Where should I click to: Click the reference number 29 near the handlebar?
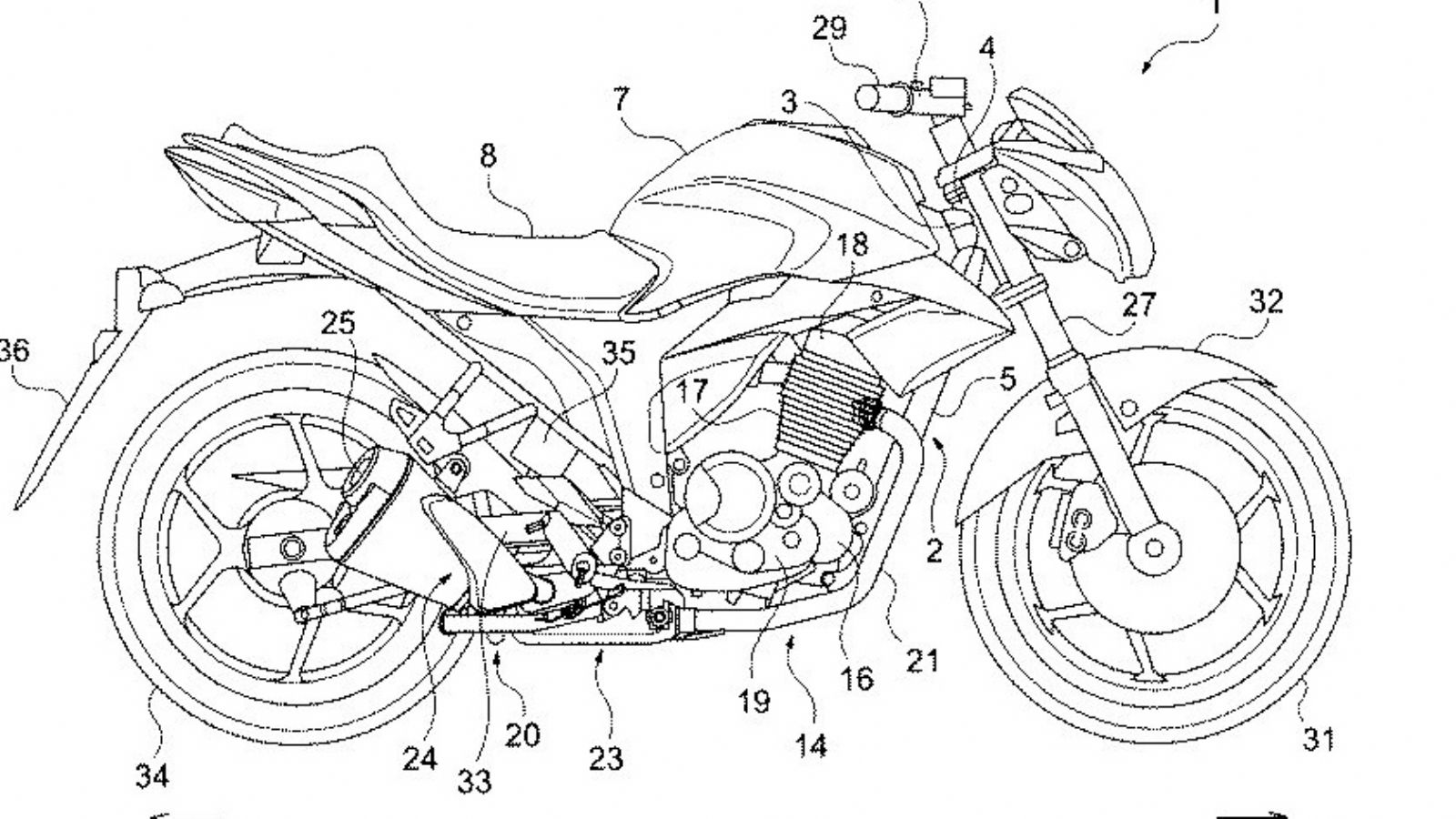(x=829, y=28)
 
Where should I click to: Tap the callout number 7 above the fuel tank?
(x=621, y=98)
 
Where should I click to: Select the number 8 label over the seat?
(x=489, y=156)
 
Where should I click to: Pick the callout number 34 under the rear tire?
(x=152, y=776)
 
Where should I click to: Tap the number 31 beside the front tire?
(x=1319, y=740)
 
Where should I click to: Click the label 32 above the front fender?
(x=1266, y=301)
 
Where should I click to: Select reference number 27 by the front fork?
(x=1137, y=305)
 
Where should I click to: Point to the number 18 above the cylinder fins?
(x=854, y=244)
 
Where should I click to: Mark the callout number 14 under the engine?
(x=811, y=746)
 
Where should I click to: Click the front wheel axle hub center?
(x=1155, y=547)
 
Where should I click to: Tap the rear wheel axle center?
(x=292, y=547)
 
